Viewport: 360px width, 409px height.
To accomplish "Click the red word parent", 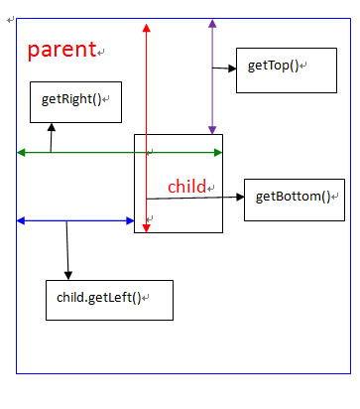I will [x=61, y=49].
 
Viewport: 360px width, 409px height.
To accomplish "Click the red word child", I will [x=185, y=187].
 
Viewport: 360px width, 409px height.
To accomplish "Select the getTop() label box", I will [x=273, y=68].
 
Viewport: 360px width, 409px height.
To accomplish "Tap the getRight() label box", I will [x=74, y=101].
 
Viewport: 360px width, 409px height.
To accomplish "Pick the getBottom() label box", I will [x=294, y=198].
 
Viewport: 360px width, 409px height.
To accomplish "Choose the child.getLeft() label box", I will [x=109, y=299].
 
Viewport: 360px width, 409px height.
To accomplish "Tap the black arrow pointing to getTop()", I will [x=224, y=68].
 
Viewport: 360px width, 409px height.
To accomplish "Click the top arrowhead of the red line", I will [x=146, y=27].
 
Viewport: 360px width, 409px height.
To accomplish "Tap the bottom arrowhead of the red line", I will [x=146, y=228].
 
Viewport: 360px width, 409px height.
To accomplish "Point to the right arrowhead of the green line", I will [x=218, y=152].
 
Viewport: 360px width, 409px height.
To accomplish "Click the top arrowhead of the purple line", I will [x=211, y=23].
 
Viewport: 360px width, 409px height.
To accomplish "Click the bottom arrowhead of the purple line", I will [x=211, y=129].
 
